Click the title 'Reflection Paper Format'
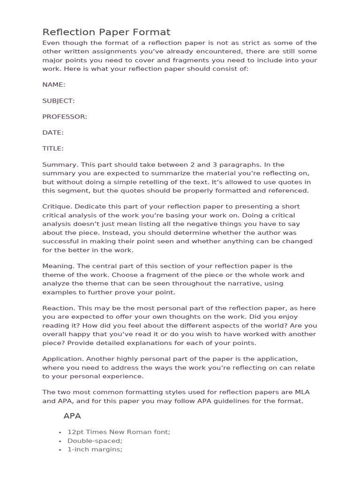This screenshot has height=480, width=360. tap(106, 32)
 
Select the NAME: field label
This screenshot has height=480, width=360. tap(54, 84)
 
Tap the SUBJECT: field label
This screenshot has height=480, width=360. tap(59, 100)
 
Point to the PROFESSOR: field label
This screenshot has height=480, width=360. tap(65, 116)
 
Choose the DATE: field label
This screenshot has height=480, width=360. tap(53, 132)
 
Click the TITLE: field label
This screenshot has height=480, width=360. tap(53, 148)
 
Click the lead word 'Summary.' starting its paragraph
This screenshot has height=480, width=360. tap(58, 165)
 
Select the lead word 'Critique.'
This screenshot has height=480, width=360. tap(57, 207)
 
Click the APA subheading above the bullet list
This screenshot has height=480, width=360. tap(72, 416)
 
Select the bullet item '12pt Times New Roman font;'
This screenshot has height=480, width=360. tap(119, 432)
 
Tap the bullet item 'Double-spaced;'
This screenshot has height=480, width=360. tap(95, 441)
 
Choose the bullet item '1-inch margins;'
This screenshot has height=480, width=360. tap(95, 449)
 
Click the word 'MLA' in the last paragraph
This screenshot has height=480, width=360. tap(309, 392)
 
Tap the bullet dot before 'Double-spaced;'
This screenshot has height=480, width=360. tap(61, 441)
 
